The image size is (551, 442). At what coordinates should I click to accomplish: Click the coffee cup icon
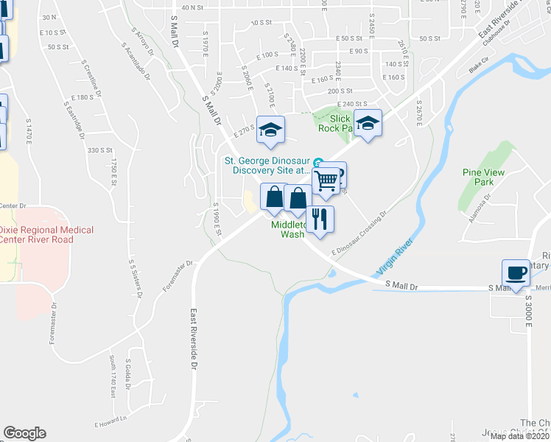coord(515,272)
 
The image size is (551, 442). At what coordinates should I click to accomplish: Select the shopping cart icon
coord(326,179)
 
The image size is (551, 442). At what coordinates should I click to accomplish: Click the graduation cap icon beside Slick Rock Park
coord(368,124)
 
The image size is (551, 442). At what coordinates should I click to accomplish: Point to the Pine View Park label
coord(477,176)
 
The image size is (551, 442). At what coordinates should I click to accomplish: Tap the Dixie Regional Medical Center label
coord(46,234)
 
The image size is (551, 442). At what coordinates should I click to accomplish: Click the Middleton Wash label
coord(288,230)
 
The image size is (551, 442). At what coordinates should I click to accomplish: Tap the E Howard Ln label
coord(110,424)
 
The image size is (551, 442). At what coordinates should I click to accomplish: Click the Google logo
coord(24,433)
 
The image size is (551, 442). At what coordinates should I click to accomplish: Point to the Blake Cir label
coord(479,70)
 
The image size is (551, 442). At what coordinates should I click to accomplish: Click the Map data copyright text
coord(519,436)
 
